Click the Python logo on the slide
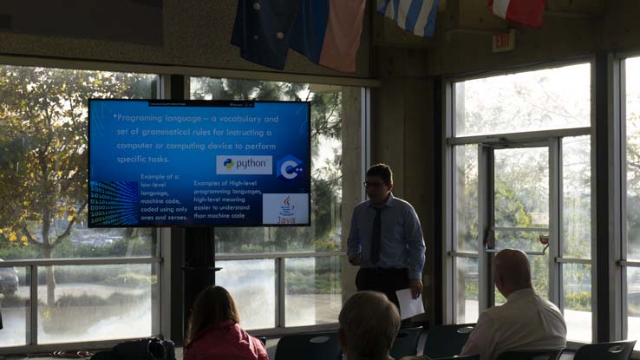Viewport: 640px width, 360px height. (244, 165)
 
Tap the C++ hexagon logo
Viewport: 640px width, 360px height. (289, 167)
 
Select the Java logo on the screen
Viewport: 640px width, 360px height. (285, 209)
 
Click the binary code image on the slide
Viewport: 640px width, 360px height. (114, 203)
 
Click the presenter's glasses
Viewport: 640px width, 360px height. (375, 184)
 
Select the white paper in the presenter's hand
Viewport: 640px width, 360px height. (408, 303)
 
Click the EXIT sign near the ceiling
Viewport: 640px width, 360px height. (503, 41)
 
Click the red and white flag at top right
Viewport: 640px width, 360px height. (517, 10)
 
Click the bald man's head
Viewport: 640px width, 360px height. (511, 271)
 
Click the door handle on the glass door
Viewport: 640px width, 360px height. (543, 239)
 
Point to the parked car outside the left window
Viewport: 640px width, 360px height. (7, 278)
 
